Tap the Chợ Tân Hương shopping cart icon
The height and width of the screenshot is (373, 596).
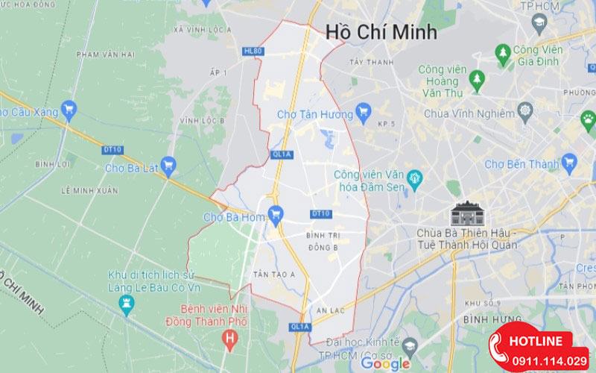tap(364, 113)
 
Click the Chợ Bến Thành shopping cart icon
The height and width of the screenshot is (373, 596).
tap(570, 161)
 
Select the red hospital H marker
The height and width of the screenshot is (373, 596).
tap(230, 339)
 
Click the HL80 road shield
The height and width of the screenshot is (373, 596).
tap(253, 51)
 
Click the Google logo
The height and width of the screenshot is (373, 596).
tap(386, 363)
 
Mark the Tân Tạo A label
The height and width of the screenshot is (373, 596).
tap(270, 274)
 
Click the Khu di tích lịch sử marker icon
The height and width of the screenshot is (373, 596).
tap(124, 304)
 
